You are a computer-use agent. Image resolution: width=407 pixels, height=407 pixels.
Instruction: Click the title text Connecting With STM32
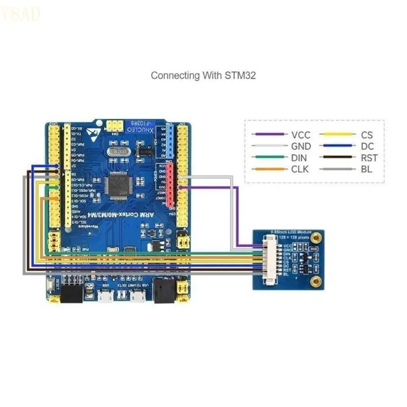[203, 75]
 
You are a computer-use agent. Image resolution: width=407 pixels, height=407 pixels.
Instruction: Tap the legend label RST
[369, 158]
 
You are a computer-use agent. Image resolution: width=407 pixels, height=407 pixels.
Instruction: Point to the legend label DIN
[299, 158]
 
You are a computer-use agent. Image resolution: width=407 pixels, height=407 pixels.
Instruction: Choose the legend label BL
[366, 169]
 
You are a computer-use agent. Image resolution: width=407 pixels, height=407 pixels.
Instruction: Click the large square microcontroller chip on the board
[119, 185]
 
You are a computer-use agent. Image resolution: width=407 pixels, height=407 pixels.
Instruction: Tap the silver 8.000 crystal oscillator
[120, 151]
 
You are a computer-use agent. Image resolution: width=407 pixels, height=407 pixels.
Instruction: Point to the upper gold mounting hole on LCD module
[317, 237]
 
